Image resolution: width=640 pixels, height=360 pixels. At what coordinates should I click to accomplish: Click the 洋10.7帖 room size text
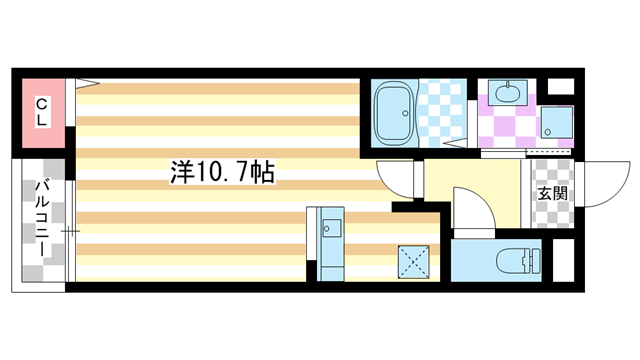coord(222,171)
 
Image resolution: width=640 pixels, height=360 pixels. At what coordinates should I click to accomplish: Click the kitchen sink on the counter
coord(330,229)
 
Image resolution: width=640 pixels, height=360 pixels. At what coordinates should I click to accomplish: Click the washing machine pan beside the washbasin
coord(556,123)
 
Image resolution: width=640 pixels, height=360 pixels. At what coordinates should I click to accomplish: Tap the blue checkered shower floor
coord(442,110)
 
